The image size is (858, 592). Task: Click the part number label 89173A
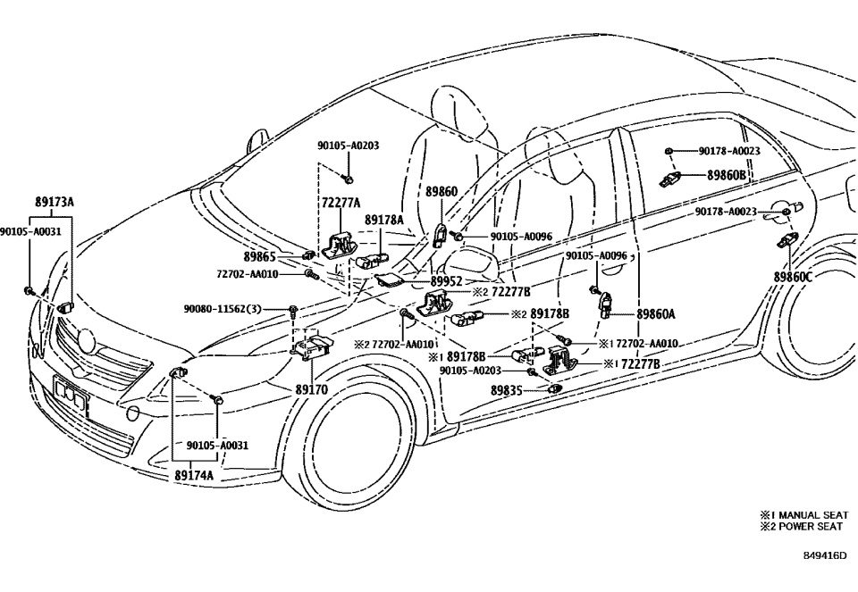pos(55,203)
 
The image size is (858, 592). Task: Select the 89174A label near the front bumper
pos(194,476)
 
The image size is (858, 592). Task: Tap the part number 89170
pos(312,390)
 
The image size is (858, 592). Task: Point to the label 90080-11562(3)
pos(223,308)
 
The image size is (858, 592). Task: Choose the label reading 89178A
pos(384,220)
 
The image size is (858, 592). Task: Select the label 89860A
pos(656,314)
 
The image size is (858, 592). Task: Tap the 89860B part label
pos(727,176)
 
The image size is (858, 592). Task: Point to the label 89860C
pos(794,278)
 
